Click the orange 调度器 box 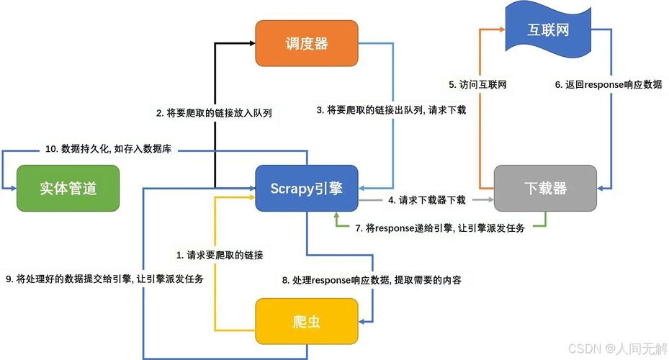pos(307,44)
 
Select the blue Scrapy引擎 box pos(307,189)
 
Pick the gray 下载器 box pos(545,189)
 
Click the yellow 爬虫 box pos(307,321)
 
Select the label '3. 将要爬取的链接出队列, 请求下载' pos(392,110)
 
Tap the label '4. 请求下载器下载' pos(427,199)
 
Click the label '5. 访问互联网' pos(478,84)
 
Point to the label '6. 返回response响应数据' pos(608,84)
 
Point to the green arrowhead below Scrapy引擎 pos(336,216)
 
